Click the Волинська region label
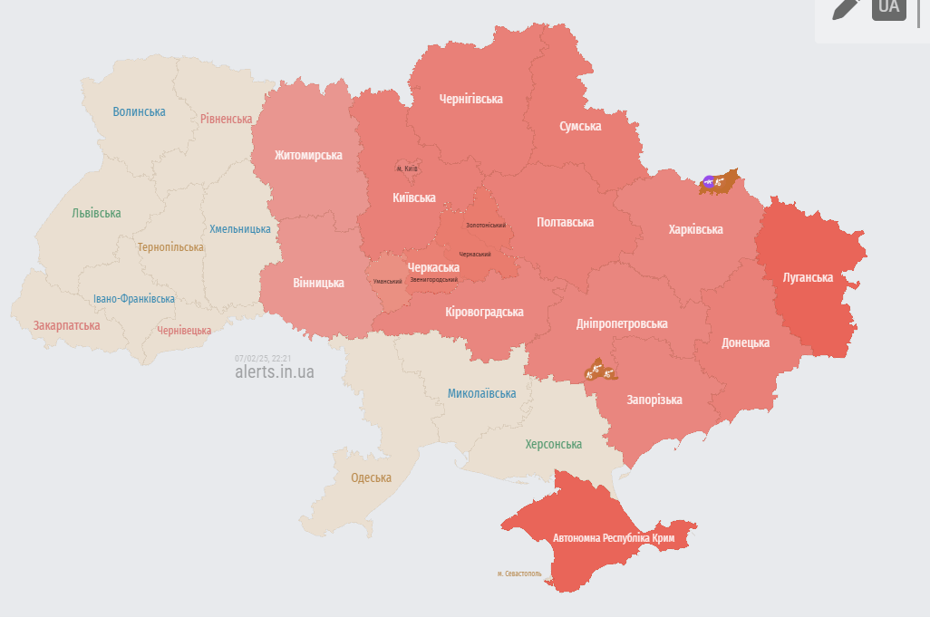point(139,111)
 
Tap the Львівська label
point(96,213)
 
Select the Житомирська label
point(308,155)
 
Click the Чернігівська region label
point(470,99)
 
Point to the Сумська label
point(580,126)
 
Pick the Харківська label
point(695,229)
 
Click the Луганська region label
point(808,277)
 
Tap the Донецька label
point(745,342)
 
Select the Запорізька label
point(654,400)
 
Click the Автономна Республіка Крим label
point(614,538)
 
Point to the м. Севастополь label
point(519,574)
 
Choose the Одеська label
point(371,477)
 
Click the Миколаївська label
point(481,393)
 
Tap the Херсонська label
point(553,444)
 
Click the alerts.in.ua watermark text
point(274,371)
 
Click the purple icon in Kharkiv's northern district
point(708,181)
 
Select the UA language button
point(889,7)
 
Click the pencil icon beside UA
point(845,7)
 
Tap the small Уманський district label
point(387,281)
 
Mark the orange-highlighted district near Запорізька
point(600,370)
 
